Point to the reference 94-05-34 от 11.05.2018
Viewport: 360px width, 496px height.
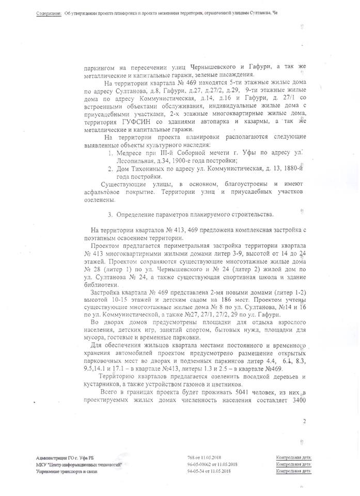(x=208, y=471)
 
